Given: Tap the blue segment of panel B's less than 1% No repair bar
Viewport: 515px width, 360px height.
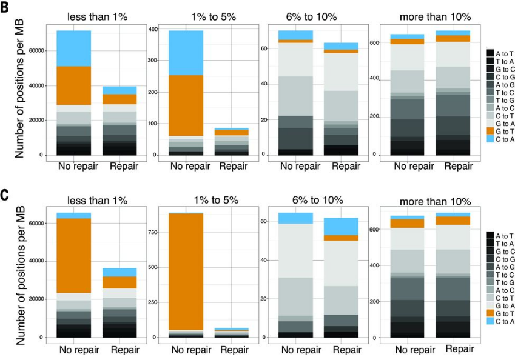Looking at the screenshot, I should tap(74, 48).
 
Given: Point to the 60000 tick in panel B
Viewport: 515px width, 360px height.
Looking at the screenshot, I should tap(35, 50).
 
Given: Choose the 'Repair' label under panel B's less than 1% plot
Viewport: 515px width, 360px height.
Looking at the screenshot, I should tap(124, 167).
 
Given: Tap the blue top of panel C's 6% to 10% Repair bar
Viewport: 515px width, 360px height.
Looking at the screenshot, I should tap(342, 226).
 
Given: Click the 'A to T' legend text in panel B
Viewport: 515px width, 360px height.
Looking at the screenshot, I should tap(505, 53).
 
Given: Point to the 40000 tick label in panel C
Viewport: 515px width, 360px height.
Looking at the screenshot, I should tap(35, 261).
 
